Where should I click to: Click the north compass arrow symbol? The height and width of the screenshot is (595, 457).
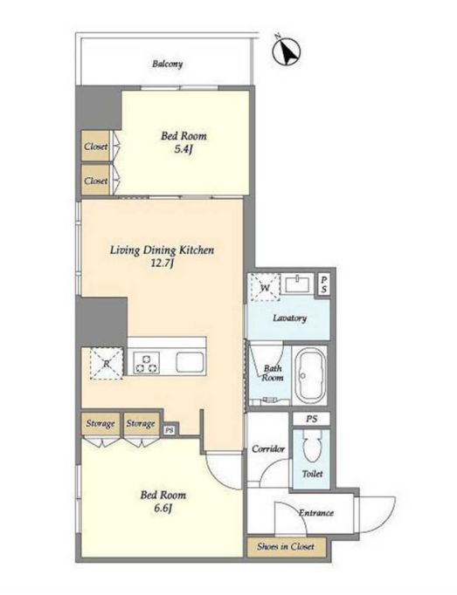point(287,51)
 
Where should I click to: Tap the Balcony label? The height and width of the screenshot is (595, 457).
point(167,64)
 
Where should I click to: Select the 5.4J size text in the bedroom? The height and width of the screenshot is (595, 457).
point(183,149)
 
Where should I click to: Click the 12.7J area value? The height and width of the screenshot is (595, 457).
point(162,263)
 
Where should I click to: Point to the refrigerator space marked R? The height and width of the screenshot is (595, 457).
point(107,363)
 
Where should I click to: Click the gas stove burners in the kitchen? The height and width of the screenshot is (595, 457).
point(147,362)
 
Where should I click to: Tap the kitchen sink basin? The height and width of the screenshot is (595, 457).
point(190,362)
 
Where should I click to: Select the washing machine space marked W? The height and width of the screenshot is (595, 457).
point(264,287)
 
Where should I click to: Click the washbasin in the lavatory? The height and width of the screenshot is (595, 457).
point(299,284)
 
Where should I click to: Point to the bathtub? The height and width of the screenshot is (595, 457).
point(311,375)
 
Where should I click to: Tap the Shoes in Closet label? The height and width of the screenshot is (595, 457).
point(286,546)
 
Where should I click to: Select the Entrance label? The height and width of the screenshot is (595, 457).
point(316,513)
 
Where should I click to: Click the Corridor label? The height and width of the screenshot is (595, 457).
point(268,449)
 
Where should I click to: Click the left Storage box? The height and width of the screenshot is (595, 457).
point(100,423)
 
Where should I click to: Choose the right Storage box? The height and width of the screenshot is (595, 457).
point(141,423)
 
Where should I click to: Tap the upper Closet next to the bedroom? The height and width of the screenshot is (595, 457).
point(95,146)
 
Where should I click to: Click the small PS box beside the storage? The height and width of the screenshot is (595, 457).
point(170,430)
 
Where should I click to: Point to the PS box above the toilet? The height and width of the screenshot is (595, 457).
point(311,419)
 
